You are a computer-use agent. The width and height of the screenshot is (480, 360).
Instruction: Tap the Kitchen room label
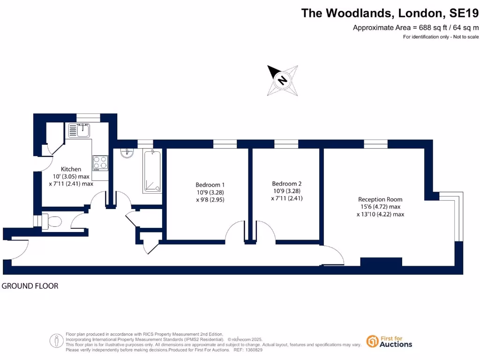click(71, 169)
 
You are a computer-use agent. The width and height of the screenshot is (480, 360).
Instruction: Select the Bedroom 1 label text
click(207, 184)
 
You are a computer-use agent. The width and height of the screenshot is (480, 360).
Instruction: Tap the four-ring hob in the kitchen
click(100, 163)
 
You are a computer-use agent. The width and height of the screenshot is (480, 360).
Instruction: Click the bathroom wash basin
click(127, 153)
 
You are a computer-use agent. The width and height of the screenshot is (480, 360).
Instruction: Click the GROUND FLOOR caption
click(30, 286)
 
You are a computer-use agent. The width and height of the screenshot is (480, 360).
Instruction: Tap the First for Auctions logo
click(389, 341)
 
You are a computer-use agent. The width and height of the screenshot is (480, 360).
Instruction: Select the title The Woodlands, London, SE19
click(390, 13)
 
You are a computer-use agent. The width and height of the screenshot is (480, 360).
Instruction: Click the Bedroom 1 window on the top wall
click(225, 144)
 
